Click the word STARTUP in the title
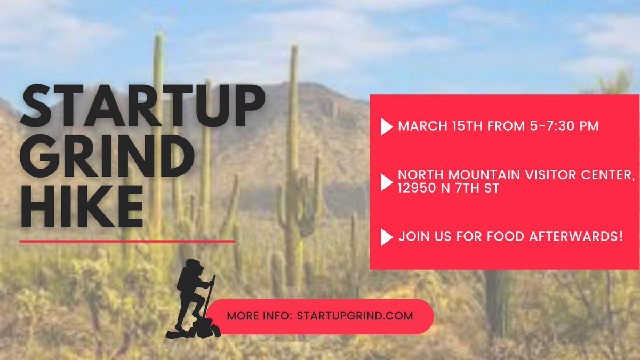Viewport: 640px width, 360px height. (x=142, y=108)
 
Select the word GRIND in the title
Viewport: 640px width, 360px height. (x=107, y=158)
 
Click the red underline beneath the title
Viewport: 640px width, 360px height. (x=127, y=241)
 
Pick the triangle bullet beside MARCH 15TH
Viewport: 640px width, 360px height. (x=387, y=127)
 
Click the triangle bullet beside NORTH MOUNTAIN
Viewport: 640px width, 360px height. (x=387, y=182)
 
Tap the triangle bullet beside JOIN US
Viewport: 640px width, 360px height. (x=387, y=236)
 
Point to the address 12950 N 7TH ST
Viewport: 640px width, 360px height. (x=448, y=188)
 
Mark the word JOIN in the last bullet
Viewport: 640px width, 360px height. (x=414, y=236)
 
